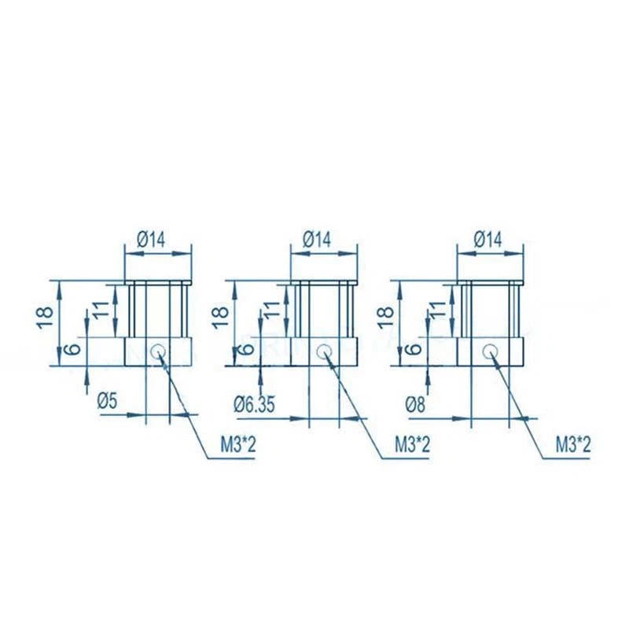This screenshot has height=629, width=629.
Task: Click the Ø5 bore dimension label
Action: click(107, 401)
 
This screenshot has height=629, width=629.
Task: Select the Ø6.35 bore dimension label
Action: click(254, 405)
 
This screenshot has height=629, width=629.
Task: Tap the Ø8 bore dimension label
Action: click(415, 405)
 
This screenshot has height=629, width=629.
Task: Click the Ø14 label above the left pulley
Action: click(151, 241)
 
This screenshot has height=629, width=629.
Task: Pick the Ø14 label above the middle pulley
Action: click(317, 240)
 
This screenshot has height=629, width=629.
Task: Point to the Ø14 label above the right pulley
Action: click(487, 240)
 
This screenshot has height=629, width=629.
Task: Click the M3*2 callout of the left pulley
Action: click(238, 445)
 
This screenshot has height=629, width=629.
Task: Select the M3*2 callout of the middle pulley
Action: click(412, 445)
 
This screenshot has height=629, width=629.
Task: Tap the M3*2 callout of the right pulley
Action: click(573, 445)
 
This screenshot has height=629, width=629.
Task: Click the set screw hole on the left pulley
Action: click(158, 351)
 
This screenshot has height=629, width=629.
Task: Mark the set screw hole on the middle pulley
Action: click(323, 351)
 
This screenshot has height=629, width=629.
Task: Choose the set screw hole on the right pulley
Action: click(490, 351)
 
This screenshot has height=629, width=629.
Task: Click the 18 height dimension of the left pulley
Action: click(45, 318)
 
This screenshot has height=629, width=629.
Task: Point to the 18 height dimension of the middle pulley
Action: click(220, 318)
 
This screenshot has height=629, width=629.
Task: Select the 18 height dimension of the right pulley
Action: click(385, 318)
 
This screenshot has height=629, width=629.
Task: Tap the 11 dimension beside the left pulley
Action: click(101, 309)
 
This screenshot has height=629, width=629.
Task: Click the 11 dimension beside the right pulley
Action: click(438, 309)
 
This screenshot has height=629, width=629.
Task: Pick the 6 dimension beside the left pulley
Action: click(73, 348)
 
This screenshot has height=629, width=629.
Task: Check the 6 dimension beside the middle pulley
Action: click(247, 348)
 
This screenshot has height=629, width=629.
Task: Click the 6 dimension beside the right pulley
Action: click(414, 348)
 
